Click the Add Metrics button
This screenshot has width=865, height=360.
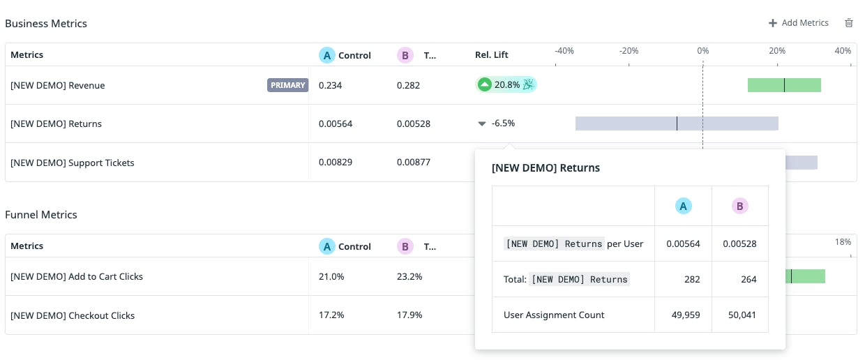[799, 23]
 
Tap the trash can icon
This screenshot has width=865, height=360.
[849, 23]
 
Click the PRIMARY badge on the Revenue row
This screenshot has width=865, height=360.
[287, 85]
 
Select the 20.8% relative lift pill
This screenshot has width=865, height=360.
[506, 85]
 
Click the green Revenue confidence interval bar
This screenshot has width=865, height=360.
[784, 85]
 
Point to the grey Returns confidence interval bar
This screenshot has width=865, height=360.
[676, 123]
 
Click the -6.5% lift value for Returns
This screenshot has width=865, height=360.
[502, 123]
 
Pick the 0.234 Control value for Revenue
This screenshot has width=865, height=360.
[330, 85]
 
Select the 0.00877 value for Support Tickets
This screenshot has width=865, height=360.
[414, 163]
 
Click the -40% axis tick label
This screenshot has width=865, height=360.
[564, 51]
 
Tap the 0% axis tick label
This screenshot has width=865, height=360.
[702, 51]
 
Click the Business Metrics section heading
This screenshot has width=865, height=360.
[46, 24]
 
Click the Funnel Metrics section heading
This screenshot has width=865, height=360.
[41, 215]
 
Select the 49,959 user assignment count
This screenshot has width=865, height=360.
[683, 315]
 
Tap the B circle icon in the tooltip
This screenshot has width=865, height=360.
[739, 206]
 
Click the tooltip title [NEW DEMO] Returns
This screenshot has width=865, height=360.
[546, 167]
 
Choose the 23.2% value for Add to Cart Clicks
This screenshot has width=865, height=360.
[409, 276]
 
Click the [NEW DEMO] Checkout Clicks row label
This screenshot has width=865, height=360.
[73, 315]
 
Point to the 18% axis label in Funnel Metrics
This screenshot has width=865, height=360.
[843, 242]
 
